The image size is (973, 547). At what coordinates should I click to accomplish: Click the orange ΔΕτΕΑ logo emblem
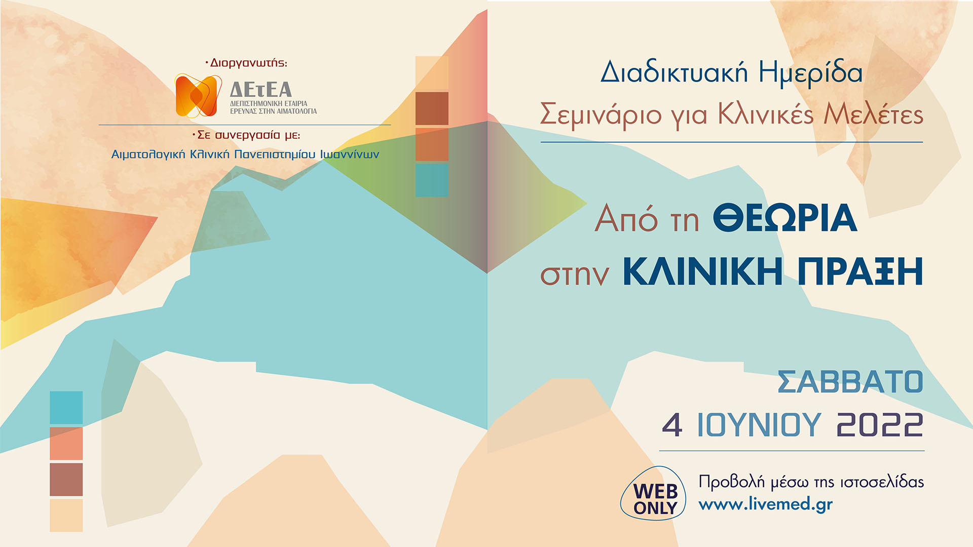198,95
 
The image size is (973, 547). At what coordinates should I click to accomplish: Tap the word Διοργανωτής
248,63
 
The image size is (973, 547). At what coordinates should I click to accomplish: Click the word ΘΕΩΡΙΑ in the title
785,218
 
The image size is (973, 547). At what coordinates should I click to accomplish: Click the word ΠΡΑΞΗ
860,272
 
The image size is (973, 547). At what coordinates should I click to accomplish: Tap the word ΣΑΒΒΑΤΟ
850,382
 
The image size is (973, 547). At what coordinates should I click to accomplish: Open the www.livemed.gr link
765,504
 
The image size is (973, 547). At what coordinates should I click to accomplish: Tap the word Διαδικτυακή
674,72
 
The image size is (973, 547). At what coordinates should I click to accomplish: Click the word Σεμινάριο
601,114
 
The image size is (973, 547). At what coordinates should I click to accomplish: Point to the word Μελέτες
873,114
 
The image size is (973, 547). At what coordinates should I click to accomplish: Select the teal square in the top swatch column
432,180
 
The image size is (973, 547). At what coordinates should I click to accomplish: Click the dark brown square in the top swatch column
432,108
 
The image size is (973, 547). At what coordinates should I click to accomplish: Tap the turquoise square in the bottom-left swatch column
66,407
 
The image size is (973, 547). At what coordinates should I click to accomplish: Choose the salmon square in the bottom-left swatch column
66,443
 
